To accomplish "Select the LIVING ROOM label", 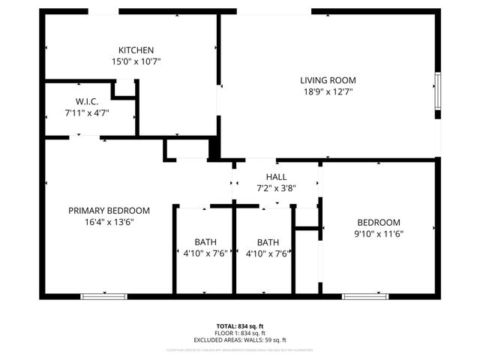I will coord(328,80).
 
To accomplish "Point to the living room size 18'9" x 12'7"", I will coord(328,91).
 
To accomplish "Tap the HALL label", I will coord(277,176).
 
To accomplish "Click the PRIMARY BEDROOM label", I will coord(109,211).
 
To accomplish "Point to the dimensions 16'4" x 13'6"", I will coord(109,222).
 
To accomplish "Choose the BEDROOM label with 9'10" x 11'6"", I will coord(378,222).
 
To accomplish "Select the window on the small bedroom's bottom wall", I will coord(366,296).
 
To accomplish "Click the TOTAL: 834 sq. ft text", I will coord(240,326).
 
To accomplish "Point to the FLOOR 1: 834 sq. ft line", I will coord(240,333).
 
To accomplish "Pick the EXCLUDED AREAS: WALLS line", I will coord(240,340).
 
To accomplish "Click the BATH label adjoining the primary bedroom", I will coord(205,242).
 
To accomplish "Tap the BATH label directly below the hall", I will coord(267,242).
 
